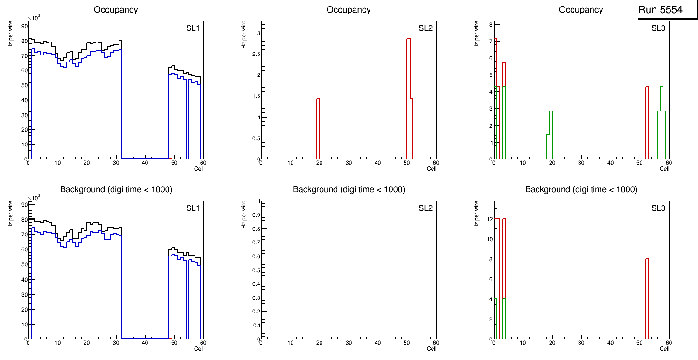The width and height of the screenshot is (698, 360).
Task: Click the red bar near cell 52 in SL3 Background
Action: (x=647, y=298)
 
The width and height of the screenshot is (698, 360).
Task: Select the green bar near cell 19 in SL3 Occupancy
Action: (x=551, y=135)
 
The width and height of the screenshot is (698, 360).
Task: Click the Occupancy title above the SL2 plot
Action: (x=349, y=10)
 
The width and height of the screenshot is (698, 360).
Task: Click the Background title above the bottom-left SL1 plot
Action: (x=116, y=189)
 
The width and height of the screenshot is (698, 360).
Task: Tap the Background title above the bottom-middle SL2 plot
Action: (x=349, y=189)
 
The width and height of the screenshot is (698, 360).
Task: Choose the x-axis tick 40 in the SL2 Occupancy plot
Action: (x=378, y=163)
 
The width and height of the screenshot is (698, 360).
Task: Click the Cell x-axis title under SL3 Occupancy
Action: (x=664, y=169)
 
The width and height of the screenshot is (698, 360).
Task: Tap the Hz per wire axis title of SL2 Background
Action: (x=244, y=215)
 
